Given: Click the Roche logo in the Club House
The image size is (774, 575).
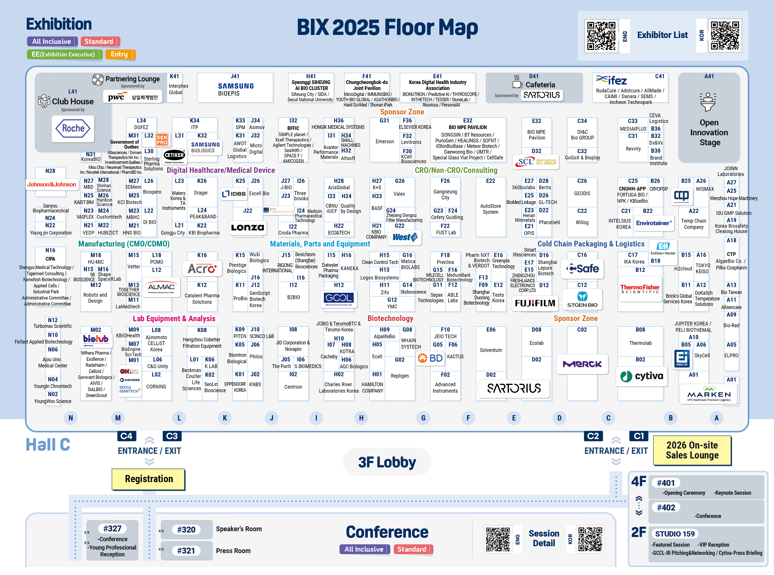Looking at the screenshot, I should tap(73, 129).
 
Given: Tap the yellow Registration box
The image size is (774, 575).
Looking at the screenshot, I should tap(149, 479).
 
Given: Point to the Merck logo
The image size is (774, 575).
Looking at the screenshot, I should tap(582, 364).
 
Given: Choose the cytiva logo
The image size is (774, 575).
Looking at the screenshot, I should tap(642, 376).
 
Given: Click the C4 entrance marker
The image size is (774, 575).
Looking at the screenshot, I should tap(126, 436).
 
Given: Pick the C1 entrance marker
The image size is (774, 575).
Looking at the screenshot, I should tap(639, 436).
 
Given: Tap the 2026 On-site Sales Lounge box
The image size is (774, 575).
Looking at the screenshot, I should tap(692, 450).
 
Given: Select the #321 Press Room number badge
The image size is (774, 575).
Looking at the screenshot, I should tap(186, 551).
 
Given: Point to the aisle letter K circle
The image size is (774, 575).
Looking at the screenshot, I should tap(225, 418).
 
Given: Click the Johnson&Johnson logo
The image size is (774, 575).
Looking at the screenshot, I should tap(52, 184).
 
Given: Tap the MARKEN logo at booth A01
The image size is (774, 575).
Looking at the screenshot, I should tap(709, 395).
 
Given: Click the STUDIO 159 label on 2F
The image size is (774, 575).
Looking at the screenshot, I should tap(674, 534).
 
